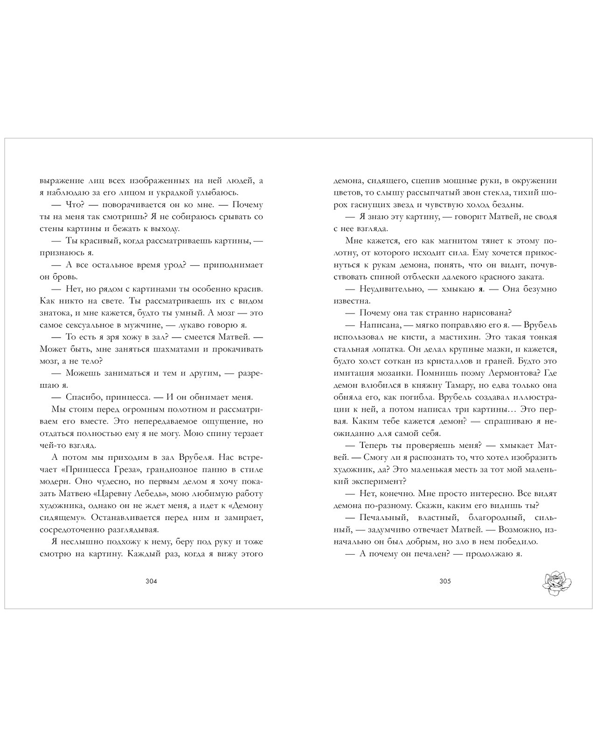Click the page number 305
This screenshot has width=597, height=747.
[445, 581]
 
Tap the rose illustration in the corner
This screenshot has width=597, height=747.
[557, 583]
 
